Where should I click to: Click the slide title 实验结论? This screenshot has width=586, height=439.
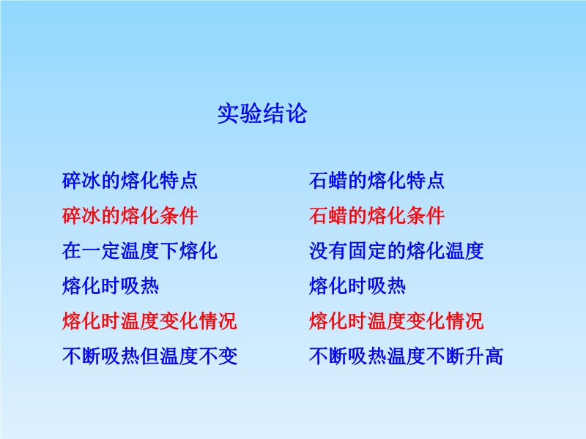(x=262, y=113)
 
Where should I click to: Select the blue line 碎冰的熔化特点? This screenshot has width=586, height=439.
(x=130, y=181)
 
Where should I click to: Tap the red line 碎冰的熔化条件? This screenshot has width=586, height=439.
(x=130, y=216)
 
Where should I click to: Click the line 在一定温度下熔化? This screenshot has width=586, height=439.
(x=139, y=251)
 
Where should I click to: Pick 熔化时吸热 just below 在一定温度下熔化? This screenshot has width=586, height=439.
(x=111, y=286)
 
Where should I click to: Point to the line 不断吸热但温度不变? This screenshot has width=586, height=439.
(x=149, y=356)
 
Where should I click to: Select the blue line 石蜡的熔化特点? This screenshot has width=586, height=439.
(x=377, y=181)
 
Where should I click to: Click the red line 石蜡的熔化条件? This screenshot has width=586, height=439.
(x=377, y=216)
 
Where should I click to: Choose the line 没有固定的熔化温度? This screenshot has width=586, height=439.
(x=396, y=251)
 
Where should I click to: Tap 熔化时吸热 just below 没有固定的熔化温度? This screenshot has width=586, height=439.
(x=357, y=286)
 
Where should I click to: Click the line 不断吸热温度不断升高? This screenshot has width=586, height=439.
(x=406, y=356)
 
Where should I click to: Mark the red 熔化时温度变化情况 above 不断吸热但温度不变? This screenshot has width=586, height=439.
(x=149, y=321)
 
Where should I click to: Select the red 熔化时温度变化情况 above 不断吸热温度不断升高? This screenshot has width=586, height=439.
(x=396, y=321)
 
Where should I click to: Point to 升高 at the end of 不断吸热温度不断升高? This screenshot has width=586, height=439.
(x=483, y=356)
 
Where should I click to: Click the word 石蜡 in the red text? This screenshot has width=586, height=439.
(x=328, y=216)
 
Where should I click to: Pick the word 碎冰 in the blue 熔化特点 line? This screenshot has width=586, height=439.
(x=81, y=181)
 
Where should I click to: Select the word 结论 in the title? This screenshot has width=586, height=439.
(x=284, y=113)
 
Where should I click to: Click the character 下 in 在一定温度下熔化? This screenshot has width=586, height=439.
(x=168, y=251)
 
